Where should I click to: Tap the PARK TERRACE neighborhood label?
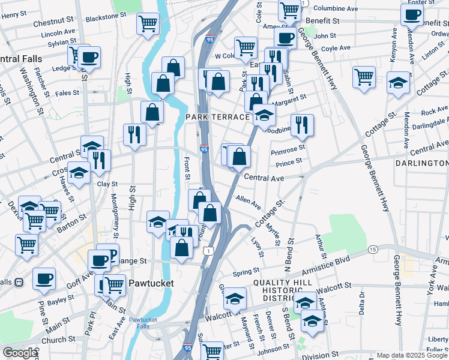point(217,116)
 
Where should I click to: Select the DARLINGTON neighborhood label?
point(421,163)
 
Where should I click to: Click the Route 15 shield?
point(373,249)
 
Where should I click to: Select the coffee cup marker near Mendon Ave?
point(412,15)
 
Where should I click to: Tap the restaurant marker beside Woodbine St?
point(301,124)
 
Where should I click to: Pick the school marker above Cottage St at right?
point(397,83)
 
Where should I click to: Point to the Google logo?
point(20,353)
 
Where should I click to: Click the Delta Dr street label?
point(362,302)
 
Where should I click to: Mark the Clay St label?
point(107,185)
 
